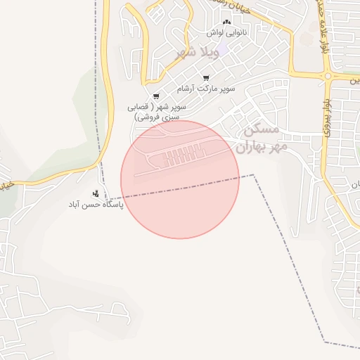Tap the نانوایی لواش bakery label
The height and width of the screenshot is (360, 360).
[x=226, y=32]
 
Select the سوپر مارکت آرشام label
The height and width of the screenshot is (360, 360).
[x=206, y=89]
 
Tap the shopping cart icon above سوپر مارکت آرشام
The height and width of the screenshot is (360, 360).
[x=206, y=78]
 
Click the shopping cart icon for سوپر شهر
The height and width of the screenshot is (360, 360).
[x=155, y=96]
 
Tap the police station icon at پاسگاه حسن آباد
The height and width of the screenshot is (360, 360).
[x=96, y=193]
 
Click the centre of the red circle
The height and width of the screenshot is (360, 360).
[x=180, y=180]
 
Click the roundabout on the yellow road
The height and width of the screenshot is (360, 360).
[x=327, y=75]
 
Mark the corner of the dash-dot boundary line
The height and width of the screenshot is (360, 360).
[x=254, y=175]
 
